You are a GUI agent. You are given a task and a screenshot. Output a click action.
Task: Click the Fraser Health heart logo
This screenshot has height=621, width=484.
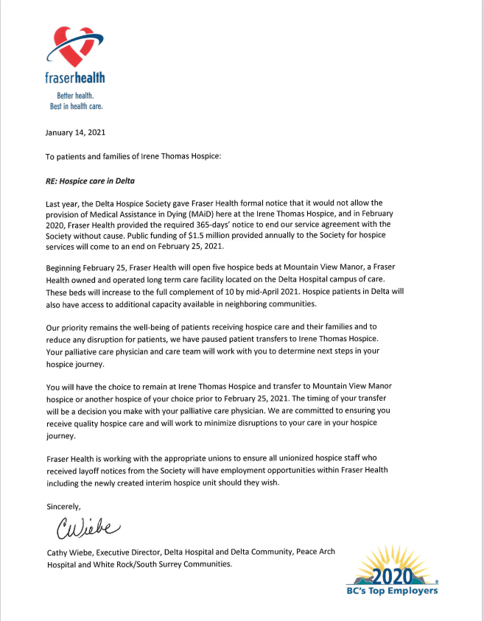click(x=71, y=46)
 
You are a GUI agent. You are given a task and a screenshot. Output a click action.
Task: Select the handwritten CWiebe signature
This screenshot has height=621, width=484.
click(x=83, y=528)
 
